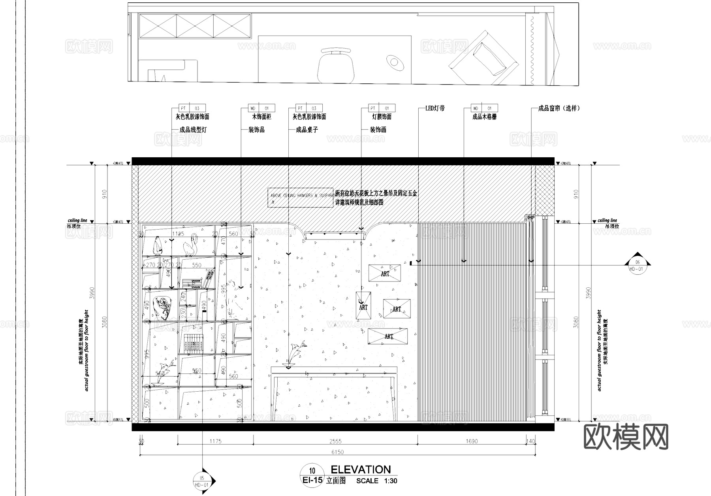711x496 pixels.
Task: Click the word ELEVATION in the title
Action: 360,470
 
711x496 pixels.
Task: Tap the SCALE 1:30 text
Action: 376,481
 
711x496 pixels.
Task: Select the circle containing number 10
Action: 312,470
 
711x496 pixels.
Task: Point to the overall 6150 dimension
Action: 337,452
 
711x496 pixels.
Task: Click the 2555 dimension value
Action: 335,441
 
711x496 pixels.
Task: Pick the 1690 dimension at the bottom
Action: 472,441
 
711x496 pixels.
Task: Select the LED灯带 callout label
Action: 434,108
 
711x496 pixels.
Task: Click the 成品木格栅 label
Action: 484,117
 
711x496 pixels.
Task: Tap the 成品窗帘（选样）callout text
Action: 559,108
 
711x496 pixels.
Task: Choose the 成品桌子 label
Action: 307,130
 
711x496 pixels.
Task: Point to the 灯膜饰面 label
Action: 381,117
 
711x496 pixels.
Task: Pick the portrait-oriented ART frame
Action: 363,306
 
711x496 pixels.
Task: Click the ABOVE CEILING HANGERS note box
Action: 300,198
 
